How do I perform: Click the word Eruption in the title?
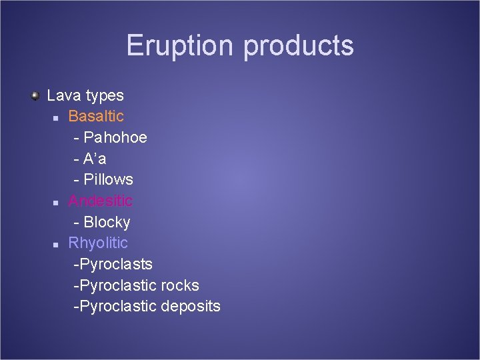[181, 45]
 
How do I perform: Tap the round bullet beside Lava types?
[35, 96]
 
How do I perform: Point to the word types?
[105, 96]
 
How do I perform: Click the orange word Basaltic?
[96, 116]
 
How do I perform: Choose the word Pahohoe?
[115, 137]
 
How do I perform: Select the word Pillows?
[108, 179]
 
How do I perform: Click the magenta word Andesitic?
[100, 201]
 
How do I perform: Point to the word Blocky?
[107, 222]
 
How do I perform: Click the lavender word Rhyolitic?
[98, 243]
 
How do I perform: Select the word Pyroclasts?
[115, 265]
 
